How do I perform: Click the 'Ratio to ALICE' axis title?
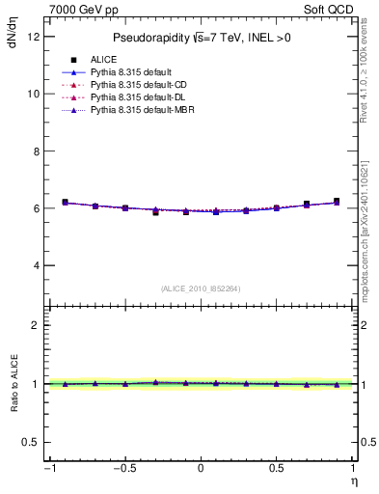tap(14, 383)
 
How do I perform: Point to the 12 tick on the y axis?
tap(33, 37)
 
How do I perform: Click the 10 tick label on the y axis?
tap(33, 94)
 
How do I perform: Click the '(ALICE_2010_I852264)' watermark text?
tap(201, 288)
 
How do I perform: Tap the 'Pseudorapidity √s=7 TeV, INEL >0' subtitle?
tap(201, 39)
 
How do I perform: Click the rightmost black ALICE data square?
tap(337, 202)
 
